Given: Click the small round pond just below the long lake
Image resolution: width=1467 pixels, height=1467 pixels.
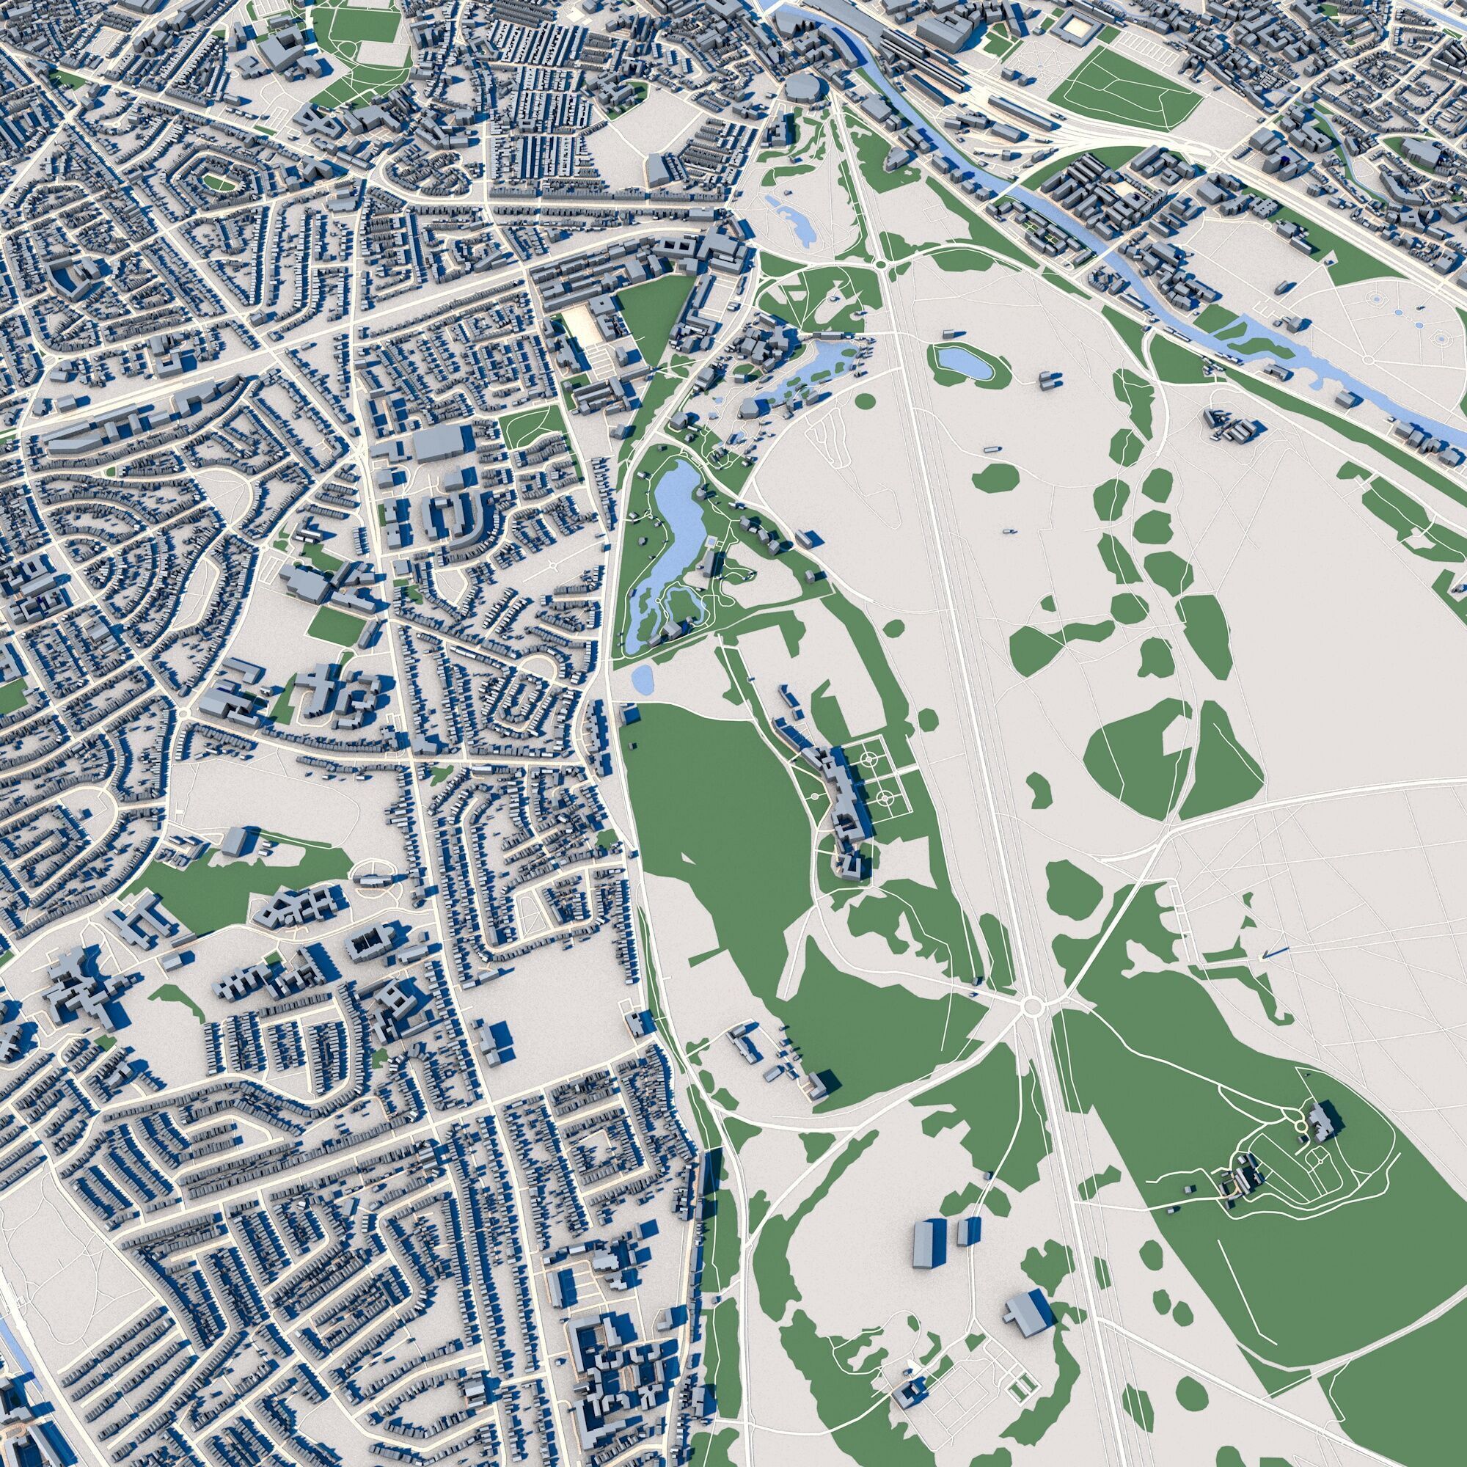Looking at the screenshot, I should tap(643, 675).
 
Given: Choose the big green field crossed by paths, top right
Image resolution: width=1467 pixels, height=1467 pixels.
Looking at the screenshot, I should tap(1120, 91).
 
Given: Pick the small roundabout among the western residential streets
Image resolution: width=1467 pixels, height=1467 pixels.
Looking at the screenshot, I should tap(186, 714).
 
